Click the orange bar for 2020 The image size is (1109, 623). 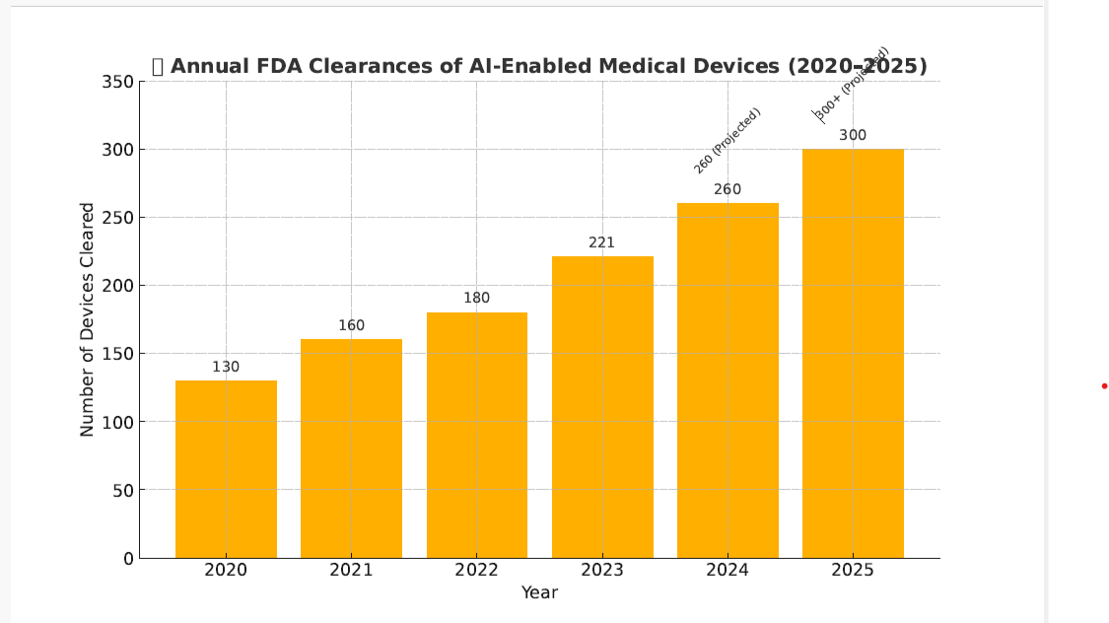point(226,468)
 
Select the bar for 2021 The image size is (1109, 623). point(351,449)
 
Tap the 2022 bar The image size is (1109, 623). point(477,435)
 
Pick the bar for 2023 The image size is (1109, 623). point(602,407)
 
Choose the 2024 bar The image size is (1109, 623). point(728,381)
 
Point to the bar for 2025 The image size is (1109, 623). point(853,353)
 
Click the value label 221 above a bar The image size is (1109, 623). point(602,242)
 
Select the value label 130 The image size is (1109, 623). point(226,367)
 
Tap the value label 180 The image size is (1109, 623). point(477,298)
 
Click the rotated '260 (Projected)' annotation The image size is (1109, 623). point(728,141)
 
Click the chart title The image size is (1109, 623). point(539,66)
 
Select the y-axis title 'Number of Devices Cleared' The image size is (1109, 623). point(88,319)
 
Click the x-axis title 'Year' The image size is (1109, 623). point(539,592)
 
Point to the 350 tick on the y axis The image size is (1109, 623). point(117,82)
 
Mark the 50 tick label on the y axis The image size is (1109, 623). point(122,490)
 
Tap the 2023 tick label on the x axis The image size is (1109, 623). point(602,570)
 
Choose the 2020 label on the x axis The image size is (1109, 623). point(226,570)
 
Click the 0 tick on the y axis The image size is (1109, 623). point(128,558)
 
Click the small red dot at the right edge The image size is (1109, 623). point(1104,385)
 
